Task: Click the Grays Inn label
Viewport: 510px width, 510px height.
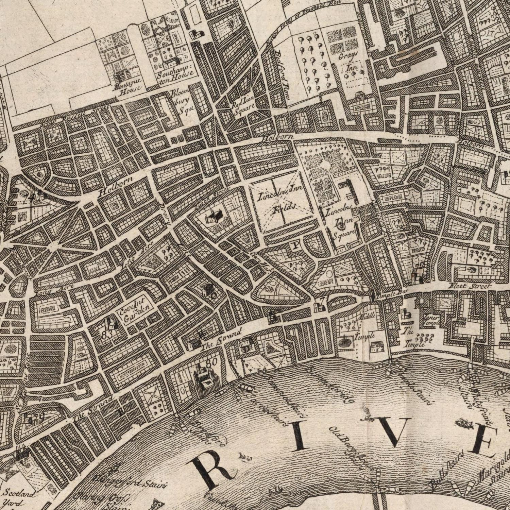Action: tap(350, 61)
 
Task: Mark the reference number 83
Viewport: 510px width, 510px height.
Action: tap(107, 335)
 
